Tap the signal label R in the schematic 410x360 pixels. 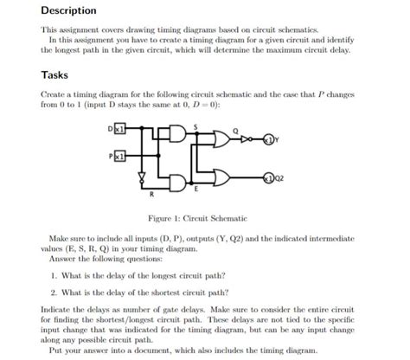(151, 192)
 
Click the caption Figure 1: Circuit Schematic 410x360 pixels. (205, 217)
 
